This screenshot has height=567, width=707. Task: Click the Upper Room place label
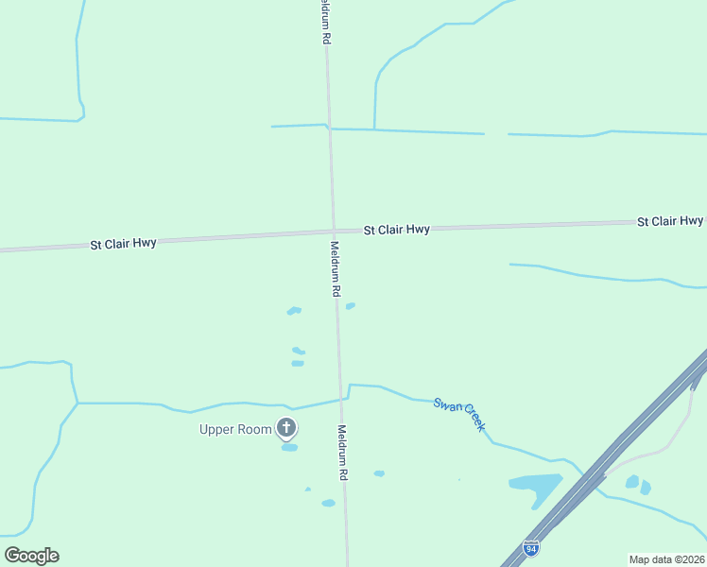(235, 429)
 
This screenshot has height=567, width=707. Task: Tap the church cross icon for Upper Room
(286, 429)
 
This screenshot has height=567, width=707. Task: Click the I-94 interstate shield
(533, 548)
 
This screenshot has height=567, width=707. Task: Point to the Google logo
(31, 556)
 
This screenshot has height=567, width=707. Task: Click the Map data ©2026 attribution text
(666, 559)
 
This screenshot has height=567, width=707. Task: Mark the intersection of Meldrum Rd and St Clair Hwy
(334, 230)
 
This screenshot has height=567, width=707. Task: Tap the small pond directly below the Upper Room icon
(289, 447)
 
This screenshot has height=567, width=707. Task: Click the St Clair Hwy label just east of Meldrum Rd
(397, 230)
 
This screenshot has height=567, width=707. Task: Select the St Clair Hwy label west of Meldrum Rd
(123, 243)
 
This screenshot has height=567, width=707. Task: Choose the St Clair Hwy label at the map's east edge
(670, 221)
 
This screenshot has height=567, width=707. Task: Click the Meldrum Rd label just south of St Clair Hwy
(336, 269)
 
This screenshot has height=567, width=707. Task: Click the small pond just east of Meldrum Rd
(351, 305)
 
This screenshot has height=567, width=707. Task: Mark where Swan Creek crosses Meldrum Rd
(340, 398)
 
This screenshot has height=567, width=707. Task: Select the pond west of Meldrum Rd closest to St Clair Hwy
(294, 310)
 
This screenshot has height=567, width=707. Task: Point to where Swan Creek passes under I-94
(586, 472)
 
